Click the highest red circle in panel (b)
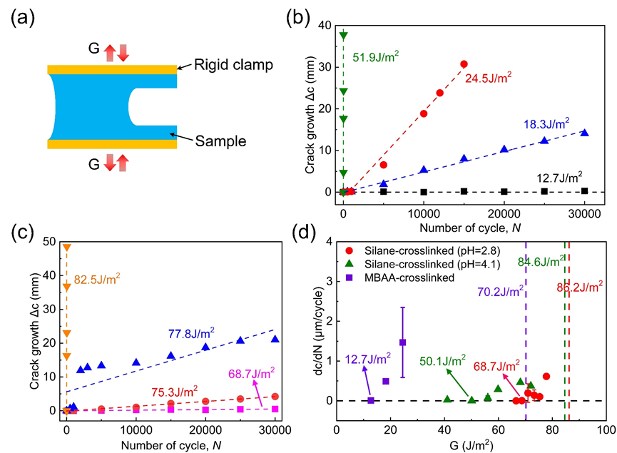[x=464, y=64]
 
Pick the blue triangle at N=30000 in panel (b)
[x=584, y=133]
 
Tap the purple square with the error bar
[x=402, y=342]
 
